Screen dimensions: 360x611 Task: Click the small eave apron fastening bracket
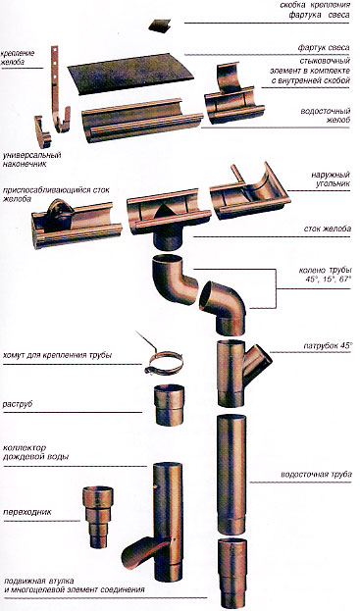pos(160,25)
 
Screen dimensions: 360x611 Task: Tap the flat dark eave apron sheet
pos(130,73)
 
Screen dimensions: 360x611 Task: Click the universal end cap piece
pos(41,131)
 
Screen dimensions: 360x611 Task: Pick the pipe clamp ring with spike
pos(164,362)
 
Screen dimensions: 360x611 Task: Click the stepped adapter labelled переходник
pos(98,516)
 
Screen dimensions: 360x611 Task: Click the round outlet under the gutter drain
pos(169,238)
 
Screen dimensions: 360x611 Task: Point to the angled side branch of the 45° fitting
pos(257,362)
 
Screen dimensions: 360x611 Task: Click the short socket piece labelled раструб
pos(169,404)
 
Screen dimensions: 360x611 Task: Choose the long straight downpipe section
pos(231,474)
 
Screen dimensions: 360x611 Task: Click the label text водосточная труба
pos(317,475)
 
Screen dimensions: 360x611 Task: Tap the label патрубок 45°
pos(328,345)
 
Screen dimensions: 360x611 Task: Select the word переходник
pos(27,512)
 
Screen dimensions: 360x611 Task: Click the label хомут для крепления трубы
pos(58,355)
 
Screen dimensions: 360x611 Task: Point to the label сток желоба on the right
pos(328,229)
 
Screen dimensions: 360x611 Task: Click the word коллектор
pos(25,448)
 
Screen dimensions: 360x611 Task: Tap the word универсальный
pos(32,156)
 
